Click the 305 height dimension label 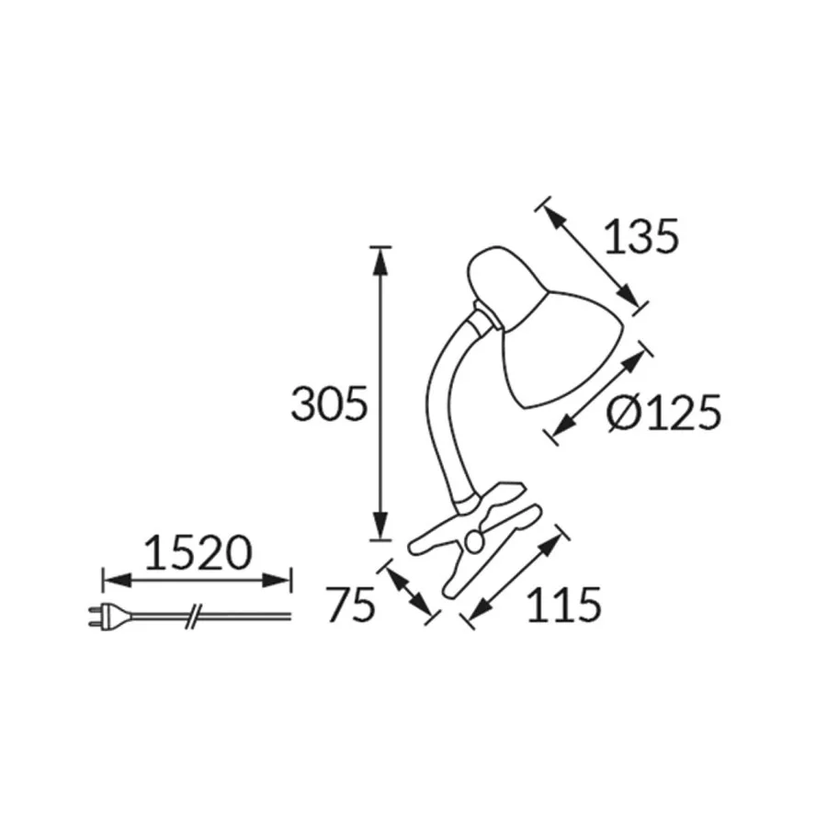[x=329, y=404]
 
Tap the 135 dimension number [x=640, y=237]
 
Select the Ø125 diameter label [x=663, y=413]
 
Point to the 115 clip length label [x=564, y=605]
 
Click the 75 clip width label [x=350, y=605]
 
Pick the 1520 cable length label [x=198, y=553]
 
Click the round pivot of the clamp [x=475, y=542]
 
